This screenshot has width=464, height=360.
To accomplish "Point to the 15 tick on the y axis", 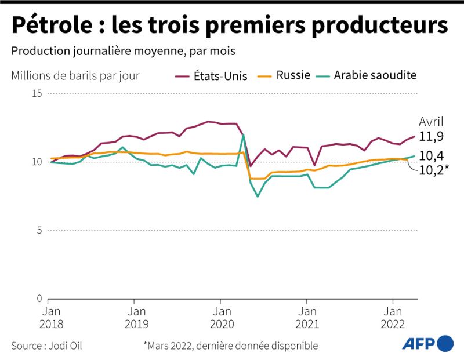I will pos(37,93).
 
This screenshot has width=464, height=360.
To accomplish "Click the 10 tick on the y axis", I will pos(37,162).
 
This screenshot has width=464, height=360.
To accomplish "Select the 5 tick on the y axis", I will pos(39,231).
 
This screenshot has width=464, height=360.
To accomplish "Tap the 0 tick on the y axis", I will pos(39,299).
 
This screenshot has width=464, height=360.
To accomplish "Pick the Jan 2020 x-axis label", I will pos(220,317).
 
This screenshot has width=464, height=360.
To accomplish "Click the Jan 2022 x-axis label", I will pos(393,317).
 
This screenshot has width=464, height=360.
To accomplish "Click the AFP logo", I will pos(428,344).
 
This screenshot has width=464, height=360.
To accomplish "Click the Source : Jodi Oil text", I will pos(46,346).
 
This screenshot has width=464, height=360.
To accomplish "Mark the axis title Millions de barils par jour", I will pos(75,75).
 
